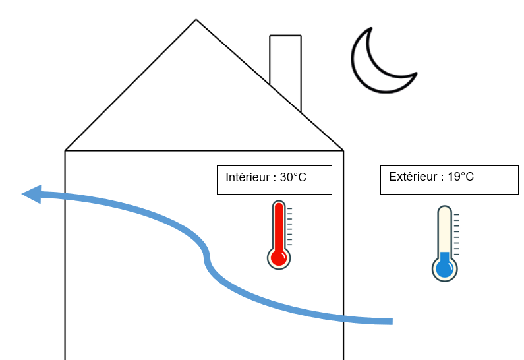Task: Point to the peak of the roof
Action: (196, 20)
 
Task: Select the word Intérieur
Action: (248, 177)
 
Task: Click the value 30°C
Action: (293, 177)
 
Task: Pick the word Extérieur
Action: (413, 177)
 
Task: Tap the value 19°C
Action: (461, 177)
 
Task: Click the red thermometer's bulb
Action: (279, 258)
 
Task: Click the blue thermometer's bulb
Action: (444, 268)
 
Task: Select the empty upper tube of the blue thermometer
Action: (444, 229)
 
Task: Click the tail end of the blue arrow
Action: (392, 322)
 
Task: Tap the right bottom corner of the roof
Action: (343, 150)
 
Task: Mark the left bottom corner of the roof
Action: (65, 150)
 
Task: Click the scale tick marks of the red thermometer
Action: (289, 227)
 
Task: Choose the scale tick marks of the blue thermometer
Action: (456, 234)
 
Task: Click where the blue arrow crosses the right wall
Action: (343, 318)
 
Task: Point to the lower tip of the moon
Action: (416, 73)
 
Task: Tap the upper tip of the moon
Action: (371, 28)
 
